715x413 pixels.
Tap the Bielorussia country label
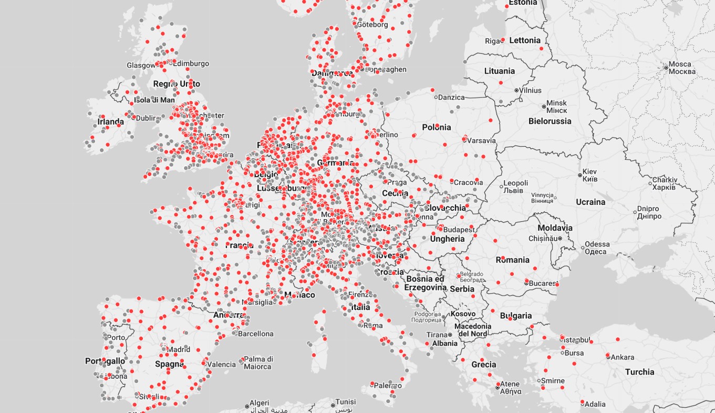pyautogui.click(x=550, y=121)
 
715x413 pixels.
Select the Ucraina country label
pyautogui.click(x=590, y=202)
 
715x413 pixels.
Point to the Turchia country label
pyautogui.click(x=639, y=372)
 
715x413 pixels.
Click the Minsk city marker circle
pyautogui.click(x=544, y=107)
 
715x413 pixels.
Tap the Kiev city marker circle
pyautogui.click(x=580, y=175)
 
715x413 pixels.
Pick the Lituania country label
pyautogui.click(x=499, y=71)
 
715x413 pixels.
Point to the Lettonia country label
pyautogui.click(x=524, y=40)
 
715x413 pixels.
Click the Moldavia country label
pyautogui.click(x=555, y=228)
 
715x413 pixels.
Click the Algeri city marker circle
pyautogui.click(x=247, y=406)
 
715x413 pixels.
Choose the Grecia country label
pyautogui.click(x=483, y=364)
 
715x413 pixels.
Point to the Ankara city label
pyautogui.click(x=623, y=357)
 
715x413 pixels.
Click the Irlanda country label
pyautogui.click(x=111, y=122)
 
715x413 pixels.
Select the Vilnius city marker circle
pyautogui.click(x=516, y=90)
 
